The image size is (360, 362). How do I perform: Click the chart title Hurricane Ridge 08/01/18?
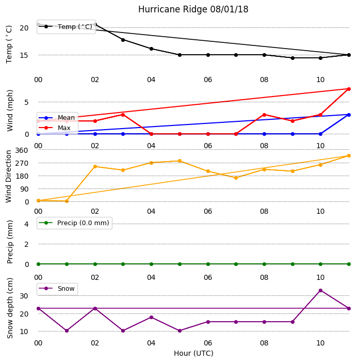tap(193, 9)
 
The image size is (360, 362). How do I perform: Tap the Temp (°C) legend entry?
tap(66, 26)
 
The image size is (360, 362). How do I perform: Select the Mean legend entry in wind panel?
tap(57, 118)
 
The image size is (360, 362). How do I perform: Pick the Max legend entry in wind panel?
tap(55, 128)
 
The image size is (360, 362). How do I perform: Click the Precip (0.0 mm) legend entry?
tap(74, 223)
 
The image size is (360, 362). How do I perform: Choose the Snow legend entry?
tap(57, 289)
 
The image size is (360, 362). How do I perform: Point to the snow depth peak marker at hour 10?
tap(320, 290)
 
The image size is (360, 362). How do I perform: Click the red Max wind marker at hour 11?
tap(349, 89)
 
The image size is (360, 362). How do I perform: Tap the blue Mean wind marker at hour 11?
tap(349, 115)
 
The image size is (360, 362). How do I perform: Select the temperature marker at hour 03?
tap(123, 40)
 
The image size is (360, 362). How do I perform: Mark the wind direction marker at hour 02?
tap(95, 166)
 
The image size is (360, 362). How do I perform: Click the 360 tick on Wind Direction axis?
tap(22, 150)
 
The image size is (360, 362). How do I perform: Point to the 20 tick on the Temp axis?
tap(24, 28)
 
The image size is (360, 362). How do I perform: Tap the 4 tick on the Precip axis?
tap(26, 224)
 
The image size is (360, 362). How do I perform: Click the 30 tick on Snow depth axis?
tap(24, 296)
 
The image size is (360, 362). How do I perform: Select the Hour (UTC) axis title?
tap(193, 353)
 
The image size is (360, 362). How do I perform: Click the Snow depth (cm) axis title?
tap(10, 308)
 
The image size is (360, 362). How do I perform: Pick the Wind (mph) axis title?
tap(10, 111)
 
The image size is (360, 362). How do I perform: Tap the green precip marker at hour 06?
tap(208, 264)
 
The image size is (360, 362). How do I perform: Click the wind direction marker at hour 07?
tap(236, 178)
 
